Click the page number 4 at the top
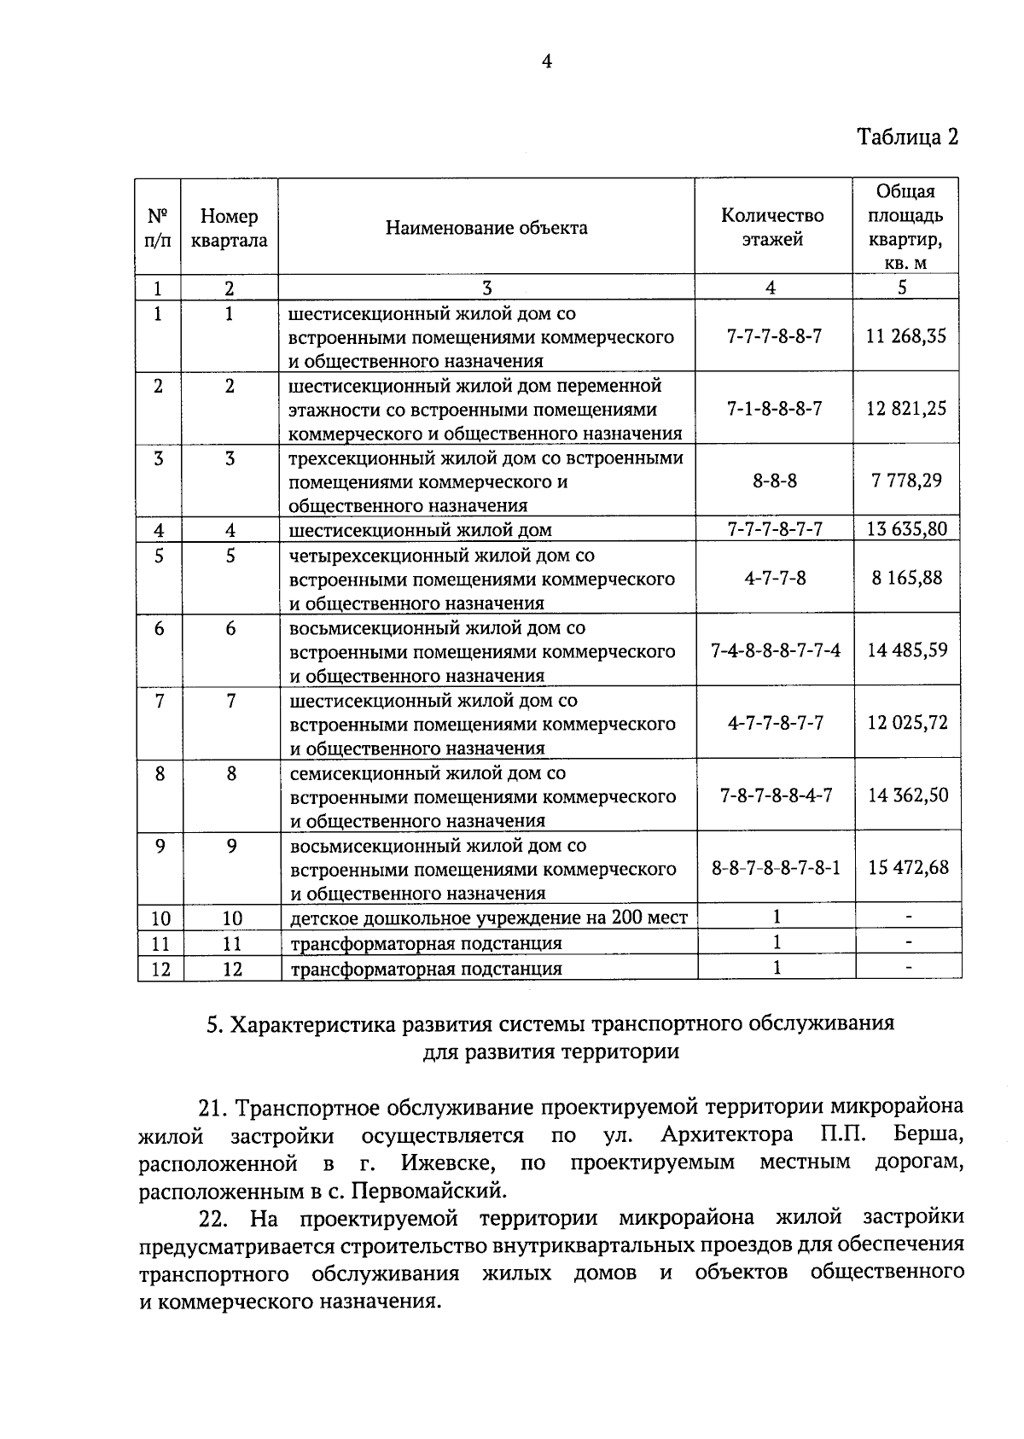pos(546,61)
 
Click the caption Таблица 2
pos(908,137)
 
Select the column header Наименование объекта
pos(486,228)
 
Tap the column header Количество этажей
pos(772,227)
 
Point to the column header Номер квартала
pos(229,229)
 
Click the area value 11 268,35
pos(905,336)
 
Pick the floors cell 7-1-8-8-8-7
pos(774,409)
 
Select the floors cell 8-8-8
pos(774,481)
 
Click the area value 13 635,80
pos(906,529)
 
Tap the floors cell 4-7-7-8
pos(774,579)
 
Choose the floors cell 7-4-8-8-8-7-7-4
pos(775,651)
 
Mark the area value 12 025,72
pos(907,724)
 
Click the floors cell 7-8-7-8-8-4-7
pos(775,795)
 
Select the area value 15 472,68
pos(908,868)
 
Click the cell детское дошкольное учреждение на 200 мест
pos(488,918)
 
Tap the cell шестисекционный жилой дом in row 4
pos(421,530)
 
